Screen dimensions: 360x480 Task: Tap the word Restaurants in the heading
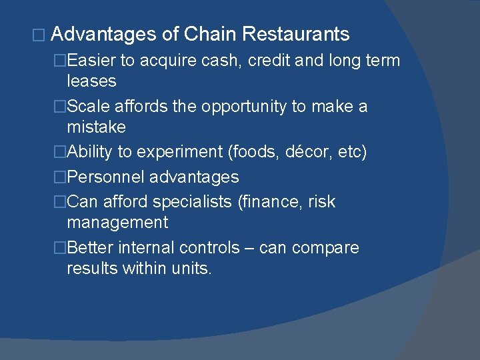click(x=296, y=34)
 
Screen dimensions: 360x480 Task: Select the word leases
click(x=91, y=81)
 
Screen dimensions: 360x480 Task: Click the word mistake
click(x=96, y=127)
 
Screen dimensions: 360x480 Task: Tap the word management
click(x=117, y=222)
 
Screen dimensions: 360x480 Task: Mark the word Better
click(x=91, y=248)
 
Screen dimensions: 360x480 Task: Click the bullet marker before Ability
click(x=60, y=152)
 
